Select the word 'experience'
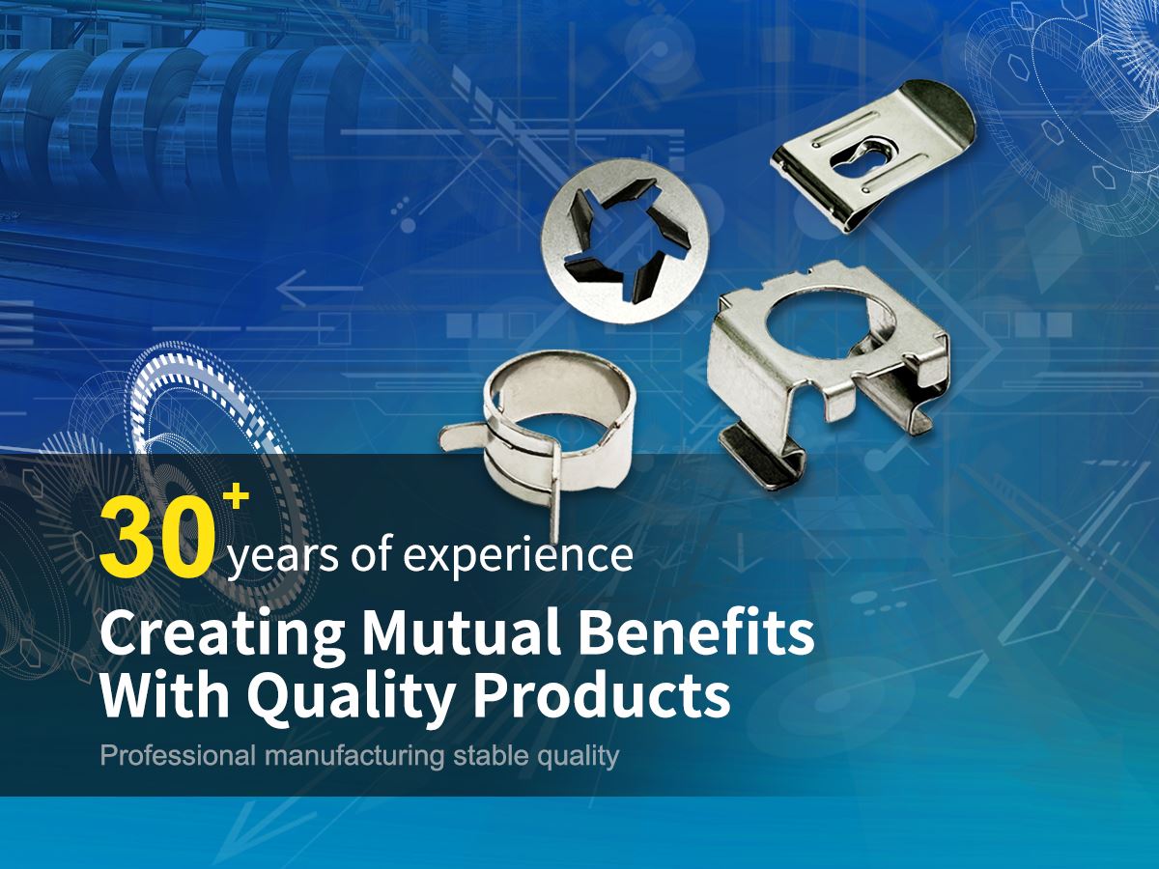tap(518, 555)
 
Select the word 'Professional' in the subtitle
tap(178, 756)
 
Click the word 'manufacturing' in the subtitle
tap(353, 757)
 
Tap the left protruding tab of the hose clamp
tap(465, 438)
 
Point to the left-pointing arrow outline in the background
tap(320, 289)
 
